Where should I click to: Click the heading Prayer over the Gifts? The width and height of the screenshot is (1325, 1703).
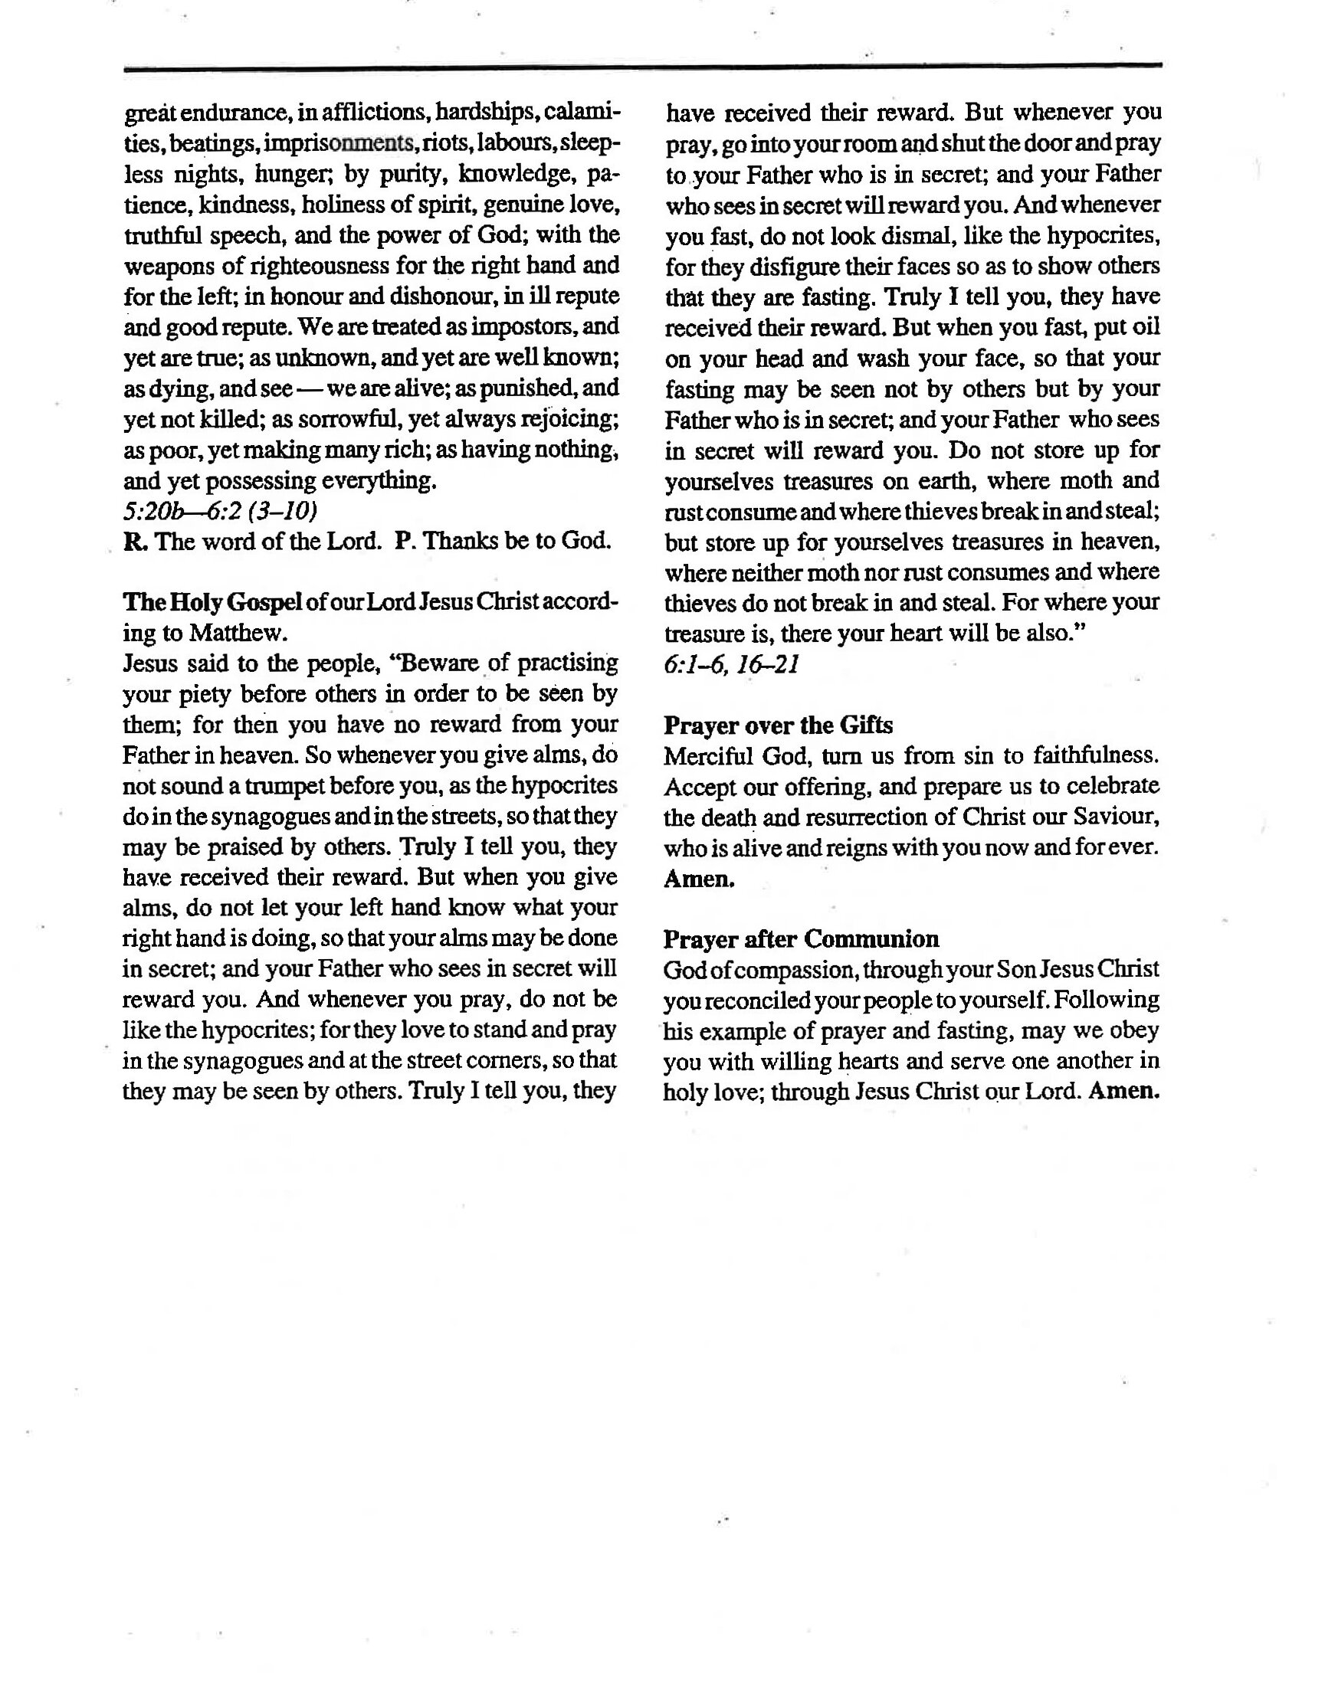778,726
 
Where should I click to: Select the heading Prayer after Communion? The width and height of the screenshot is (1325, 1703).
801,939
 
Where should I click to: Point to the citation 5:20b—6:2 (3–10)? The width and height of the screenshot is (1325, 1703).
220,511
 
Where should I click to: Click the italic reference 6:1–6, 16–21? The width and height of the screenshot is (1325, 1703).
732,664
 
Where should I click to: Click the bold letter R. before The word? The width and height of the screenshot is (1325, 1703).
131,542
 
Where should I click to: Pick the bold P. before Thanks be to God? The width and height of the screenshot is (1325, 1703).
403,542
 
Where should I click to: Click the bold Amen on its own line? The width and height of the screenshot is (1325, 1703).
699,879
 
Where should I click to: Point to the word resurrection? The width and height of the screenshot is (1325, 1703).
870,817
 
